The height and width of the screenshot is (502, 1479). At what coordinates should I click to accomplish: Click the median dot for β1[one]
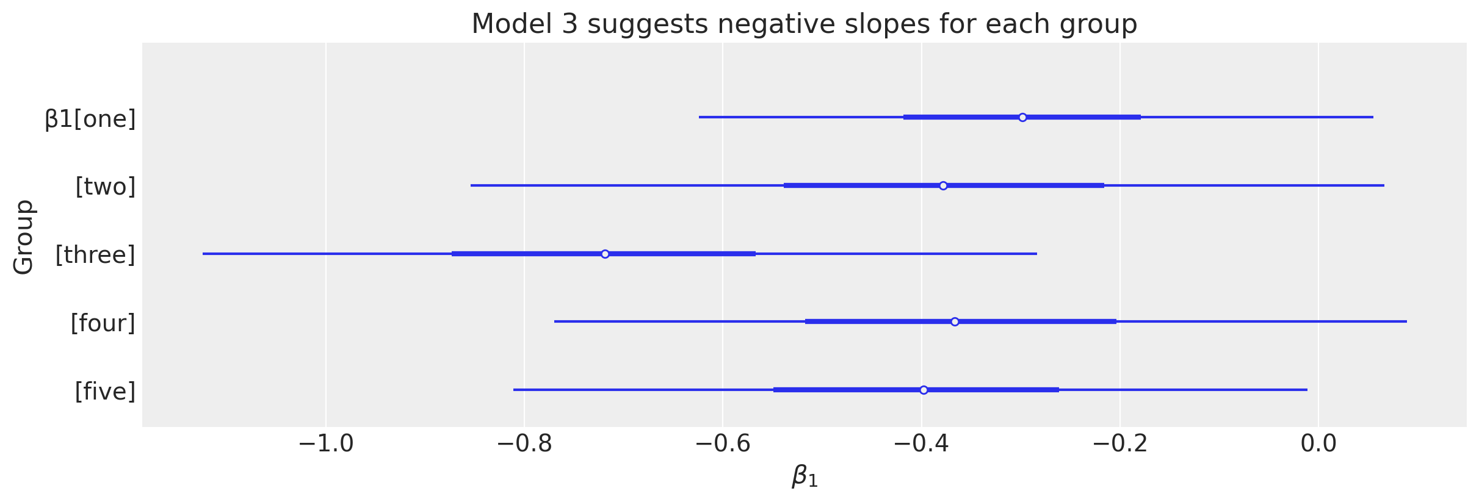point(1022,117)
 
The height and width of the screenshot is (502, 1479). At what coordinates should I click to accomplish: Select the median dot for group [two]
point(943,185)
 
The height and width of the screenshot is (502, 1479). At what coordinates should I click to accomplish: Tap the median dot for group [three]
point(605,254)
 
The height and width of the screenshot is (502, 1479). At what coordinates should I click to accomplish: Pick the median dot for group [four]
point(955,321)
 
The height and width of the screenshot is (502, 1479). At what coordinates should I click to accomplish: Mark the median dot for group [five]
point(924,390)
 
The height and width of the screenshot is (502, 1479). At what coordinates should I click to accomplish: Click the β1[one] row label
point(90,118)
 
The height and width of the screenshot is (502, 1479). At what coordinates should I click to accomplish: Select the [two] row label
point(105,186)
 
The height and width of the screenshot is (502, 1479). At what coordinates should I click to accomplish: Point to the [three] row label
point(95,254)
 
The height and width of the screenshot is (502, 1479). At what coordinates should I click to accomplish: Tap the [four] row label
point(103,323)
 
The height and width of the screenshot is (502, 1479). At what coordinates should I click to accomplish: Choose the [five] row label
point(105,391)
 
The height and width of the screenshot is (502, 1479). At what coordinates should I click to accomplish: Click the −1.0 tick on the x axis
point(326,444)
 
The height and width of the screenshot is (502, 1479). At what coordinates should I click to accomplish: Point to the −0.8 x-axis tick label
point(524,444)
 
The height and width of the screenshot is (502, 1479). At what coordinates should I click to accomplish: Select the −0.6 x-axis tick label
point(723,444)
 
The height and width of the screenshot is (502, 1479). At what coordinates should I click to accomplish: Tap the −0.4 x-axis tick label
point(922,444)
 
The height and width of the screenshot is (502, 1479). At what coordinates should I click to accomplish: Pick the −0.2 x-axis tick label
point(1120,444)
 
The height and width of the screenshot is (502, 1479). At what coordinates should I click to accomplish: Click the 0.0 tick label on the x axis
point(1318,444)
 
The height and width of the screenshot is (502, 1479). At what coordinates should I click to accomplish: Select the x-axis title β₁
point(805,476)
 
